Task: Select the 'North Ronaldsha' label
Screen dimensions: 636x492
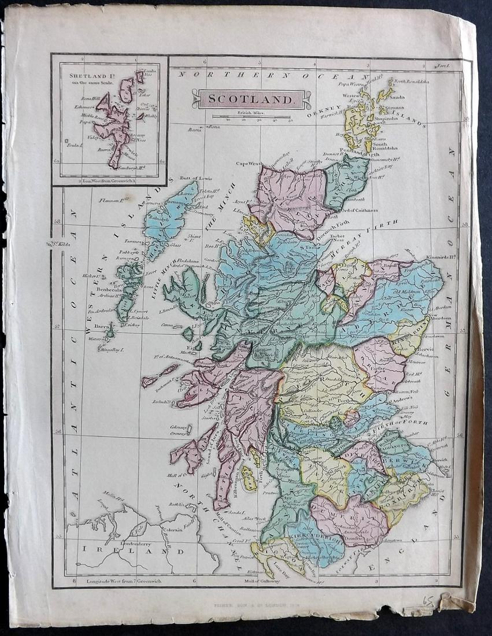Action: pos(412,82)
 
